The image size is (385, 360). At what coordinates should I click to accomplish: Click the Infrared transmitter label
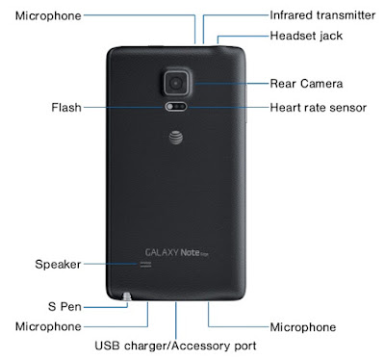(322, 15)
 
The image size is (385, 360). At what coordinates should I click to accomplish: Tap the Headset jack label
(306, 36)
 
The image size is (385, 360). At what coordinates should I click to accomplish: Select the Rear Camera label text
(306, 84)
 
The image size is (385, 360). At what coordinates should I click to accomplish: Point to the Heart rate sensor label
(318, 108)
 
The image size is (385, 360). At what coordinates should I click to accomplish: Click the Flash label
(66, 107)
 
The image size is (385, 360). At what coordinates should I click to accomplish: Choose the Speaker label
(58, 265)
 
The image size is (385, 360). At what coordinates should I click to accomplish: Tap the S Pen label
(64, 306)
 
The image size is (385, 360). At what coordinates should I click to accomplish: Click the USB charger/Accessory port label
(175, 346)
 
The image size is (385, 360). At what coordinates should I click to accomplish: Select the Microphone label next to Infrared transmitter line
(48, 15)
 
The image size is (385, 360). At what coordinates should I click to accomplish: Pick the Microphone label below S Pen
(48, 326)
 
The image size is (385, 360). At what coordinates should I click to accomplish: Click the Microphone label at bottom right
(303, 327)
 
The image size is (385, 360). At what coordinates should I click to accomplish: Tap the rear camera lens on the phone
(176, 84)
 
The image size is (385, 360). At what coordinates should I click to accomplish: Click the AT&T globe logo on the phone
(176, 138)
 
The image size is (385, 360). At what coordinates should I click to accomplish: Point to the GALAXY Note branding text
(177, 252)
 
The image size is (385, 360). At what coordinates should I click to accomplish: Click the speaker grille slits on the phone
(145, 265)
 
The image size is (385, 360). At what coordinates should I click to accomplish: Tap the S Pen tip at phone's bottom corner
(127, 296)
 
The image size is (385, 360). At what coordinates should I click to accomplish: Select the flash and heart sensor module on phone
(176, 107)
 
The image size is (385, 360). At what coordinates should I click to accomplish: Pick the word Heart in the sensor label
(283, 108)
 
